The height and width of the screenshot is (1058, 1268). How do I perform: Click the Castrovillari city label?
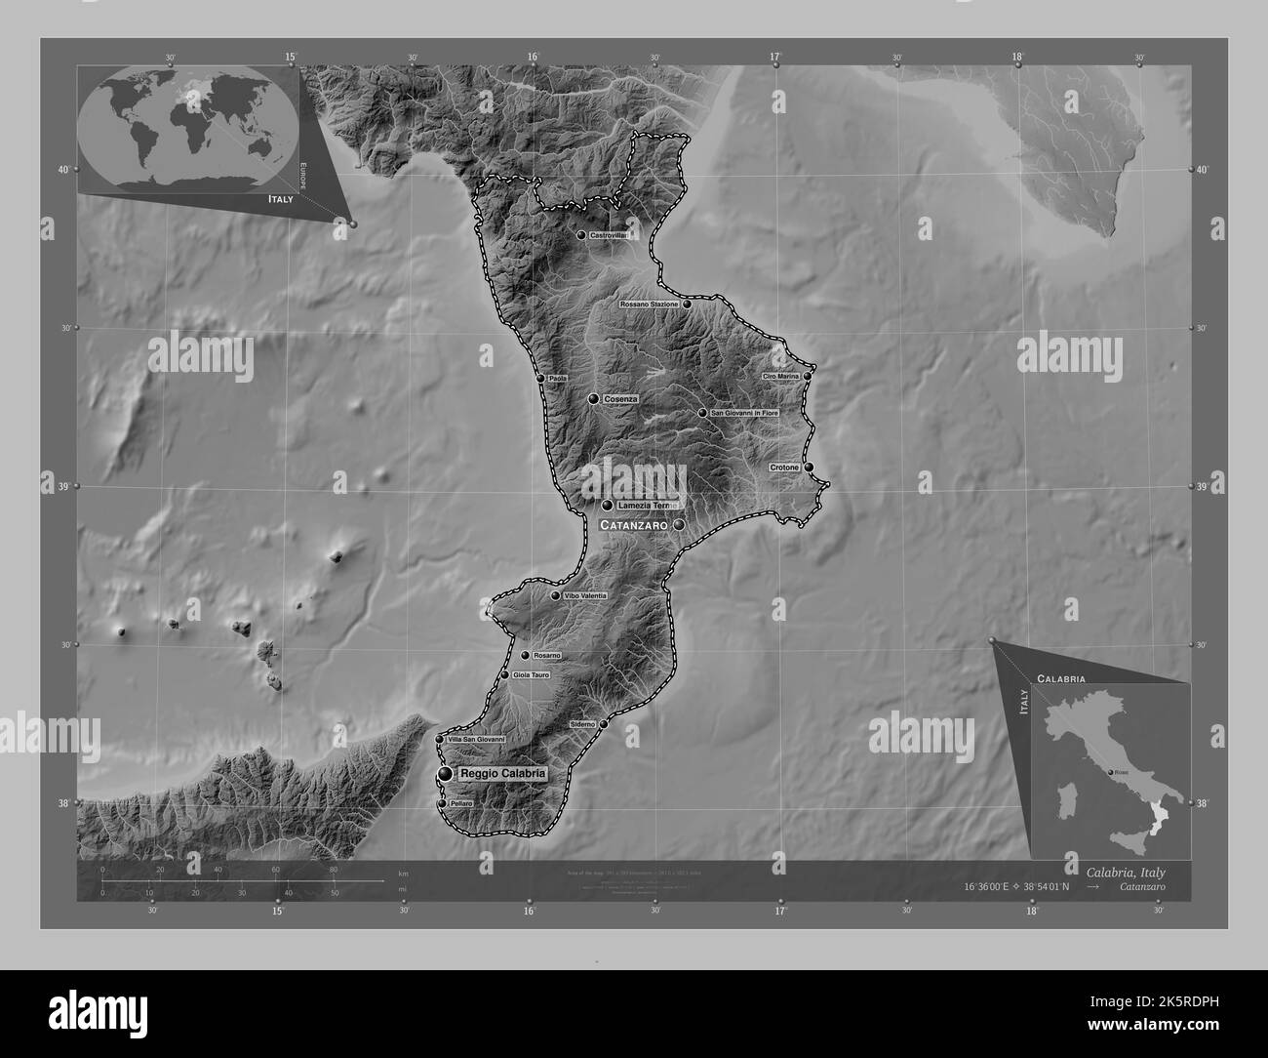click(608, 235)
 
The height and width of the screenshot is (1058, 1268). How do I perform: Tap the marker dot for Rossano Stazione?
click(687, 305)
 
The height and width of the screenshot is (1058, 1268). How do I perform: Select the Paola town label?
click(557, 379)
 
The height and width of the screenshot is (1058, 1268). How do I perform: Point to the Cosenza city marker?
click(593, 399)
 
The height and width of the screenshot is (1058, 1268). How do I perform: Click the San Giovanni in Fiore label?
click(744, 413)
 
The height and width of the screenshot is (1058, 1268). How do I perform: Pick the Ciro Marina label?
click(781, 376)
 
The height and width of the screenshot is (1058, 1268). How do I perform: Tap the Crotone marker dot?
click(809, 468)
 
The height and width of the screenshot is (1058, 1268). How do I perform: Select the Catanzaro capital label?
click(633, 525)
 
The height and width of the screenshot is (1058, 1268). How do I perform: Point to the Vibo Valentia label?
click(585, 595)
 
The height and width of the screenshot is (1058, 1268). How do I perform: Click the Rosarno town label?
click(546, 656)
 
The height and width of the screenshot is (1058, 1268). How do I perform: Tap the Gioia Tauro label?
click(532, 674)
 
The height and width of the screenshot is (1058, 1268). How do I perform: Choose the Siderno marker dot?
click(604, 724)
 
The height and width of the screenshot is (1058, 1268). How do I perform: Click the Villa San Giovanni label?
click(476, 740)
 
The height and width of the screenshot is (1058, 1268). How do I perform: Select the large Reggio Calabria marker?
click(446, 774)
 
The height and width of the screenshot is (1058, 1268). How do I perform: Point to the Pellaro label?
click(461, 803)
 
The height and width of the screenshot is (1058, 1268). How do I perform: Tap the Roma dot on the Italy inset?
click(1110, 773)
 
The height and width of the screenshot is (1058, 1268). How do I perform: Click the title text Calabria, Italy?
click(1125, 872)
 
